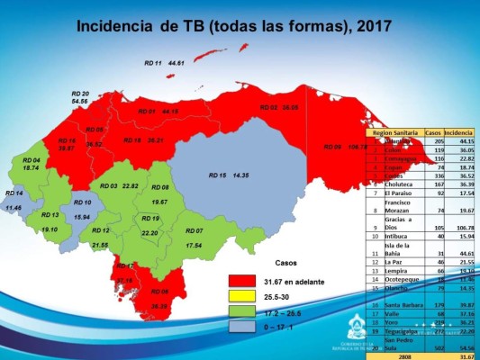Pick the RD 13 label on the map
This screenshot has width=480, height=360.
[49, 216]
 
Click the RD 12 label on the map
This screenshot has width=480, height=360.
[101, 231]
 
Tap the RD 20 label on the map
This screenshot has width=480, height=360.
[80, 94]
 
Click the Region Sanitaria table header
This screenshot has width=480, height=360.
[392, 132]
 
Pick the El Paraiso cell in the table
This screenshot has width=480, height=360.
[393, 194]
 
